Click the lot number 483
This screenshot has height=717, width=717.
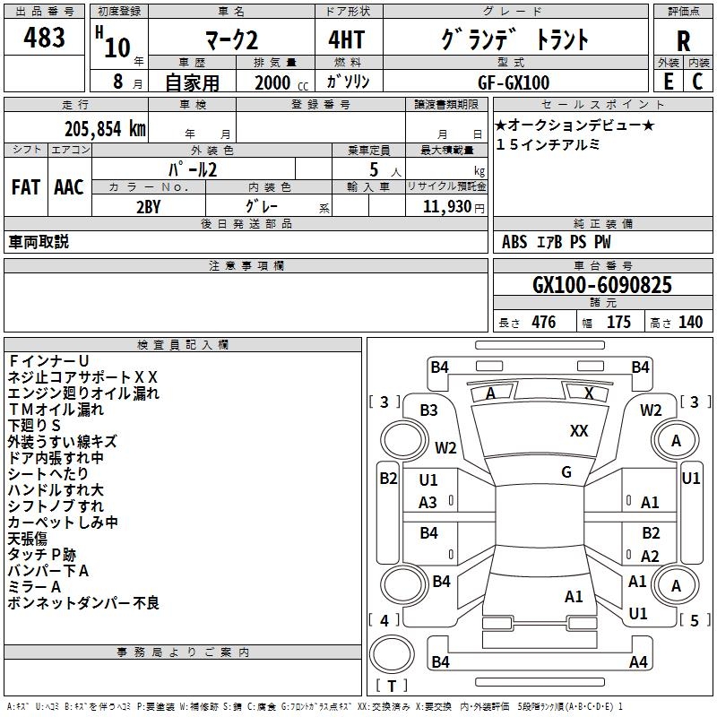point(44,37)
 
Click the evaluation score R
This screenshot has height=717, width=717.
point(683,41)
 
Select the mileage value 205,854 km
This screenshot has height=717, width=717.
point(105,129)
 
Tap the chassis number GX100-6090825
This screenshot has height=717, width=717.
point(602,285)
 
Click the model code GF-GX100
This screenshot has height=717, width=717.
point(514,82)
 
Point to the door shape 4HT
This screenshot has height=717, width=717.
point(347,39)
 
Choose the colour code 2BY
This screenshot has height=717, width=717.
point(149,207)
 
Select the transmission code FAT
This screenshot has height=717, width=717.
point(26,187)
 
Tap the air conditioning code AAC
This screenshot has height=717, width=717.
point(69,187)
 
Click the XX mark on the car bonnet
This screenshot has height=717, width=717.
point(579,430)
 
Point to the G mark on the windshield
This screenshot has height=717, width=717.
point(566,471)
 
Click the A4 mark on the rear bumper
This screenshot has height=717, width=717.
point(638,661)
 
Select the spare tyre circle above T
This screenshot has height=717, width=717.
point(392,653)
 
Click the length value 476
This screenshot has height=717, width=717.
point(544,322)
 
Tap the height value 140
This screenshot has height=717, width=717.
point(690,322)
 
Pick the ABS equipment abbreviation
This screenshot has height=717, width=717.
point(514,241)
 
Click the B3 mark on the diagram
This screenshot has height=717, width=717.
point(429,410)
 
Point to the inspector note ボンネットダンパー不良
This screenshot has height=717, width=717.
point(83,602)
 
